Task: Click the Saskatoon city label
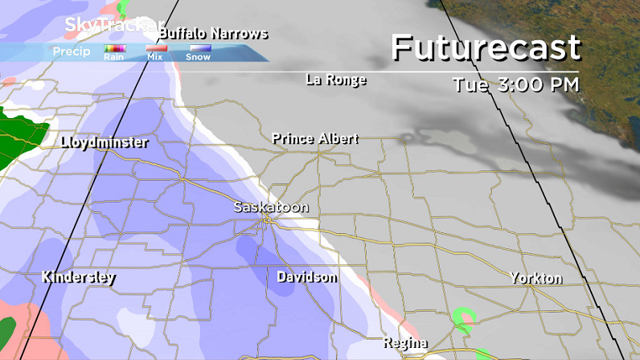[x=271, y=207]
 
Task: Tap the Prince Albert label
[x=314, y=139]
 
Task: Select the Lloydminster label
[x=105, y=143]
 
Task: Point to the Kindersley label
[x=79, y=278]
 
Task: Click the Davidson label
[x=306, y=277]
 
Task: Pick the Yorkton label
[x=535, y=279]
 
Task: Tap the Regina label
[x=404, y=344]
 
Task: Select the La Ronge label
[x=336, y=80]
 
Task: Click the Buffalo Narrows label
[x=213, y=34]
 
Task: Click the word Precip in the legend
[x=71, y=52]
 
